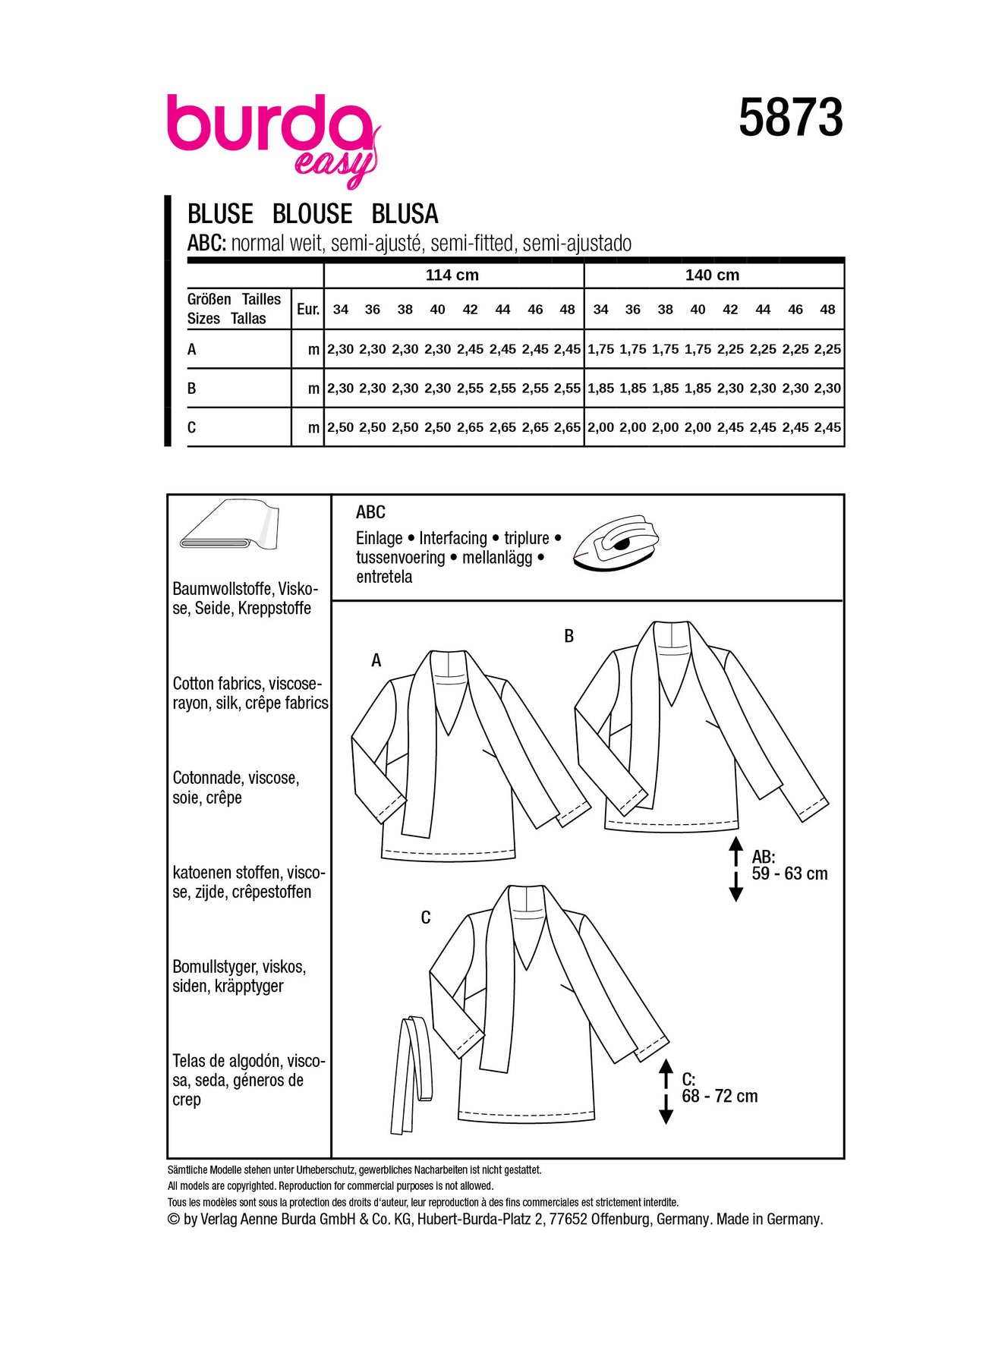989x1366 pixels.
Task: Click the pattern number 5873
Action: (790, 118)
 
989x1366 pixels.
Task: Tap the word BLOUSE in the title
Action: (312, 214)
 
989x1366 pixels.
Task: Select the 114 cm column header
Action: (452, 275)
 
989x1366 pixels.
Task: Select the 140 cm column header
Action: (712, 275)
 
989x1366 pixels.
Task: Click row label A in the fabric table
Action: (192, 349)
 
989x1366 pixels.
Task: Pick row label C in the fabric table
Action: (192, 427)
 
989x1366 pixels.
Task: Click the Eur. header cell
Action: (307, 309)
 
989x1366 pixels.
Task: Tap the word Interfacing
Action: (452, 538)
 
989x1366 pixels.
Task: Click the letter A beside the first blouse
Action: (376, 661)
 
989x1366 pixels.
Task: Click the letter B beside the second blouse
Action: (569, 637)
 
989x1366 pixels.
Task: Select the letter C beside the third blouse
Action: (425, 918)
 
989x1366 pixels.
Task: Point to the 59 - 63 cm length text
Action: (789, 873)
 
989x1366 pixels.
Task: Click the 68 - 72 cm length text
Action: (720, 1096)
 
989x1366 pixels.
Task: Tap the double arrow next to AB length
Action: (735, 869)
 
